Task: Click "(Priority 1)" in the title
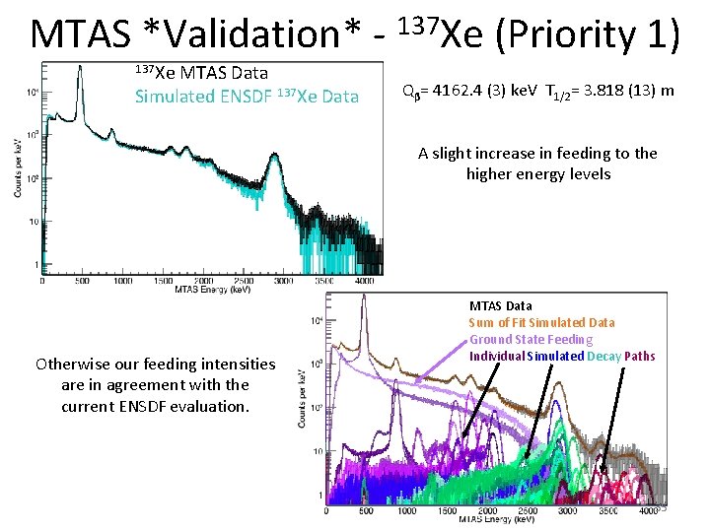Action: click(x=587, y=34)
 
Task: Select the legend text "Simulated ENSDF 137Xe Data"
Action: click(x=247, y=96)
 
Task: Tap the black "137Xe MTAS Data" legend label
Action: click(x=201, y=73)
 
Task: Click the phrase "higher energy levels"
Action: click(x=537, y=174)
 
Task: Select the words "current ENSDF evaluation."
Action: click(x=156, y=405)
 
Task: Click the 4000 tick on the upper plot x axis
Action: click(x=363, y=281)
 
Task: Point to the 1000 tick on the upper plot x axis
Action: click(x=122, y=281)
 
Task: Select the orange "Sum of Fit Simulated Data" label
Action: click(x=541, y=322)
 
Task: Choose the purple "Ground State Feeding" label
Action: click(x=531, y=339)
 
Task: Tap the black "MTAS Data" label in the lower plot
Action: click(x=500, y=306)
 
